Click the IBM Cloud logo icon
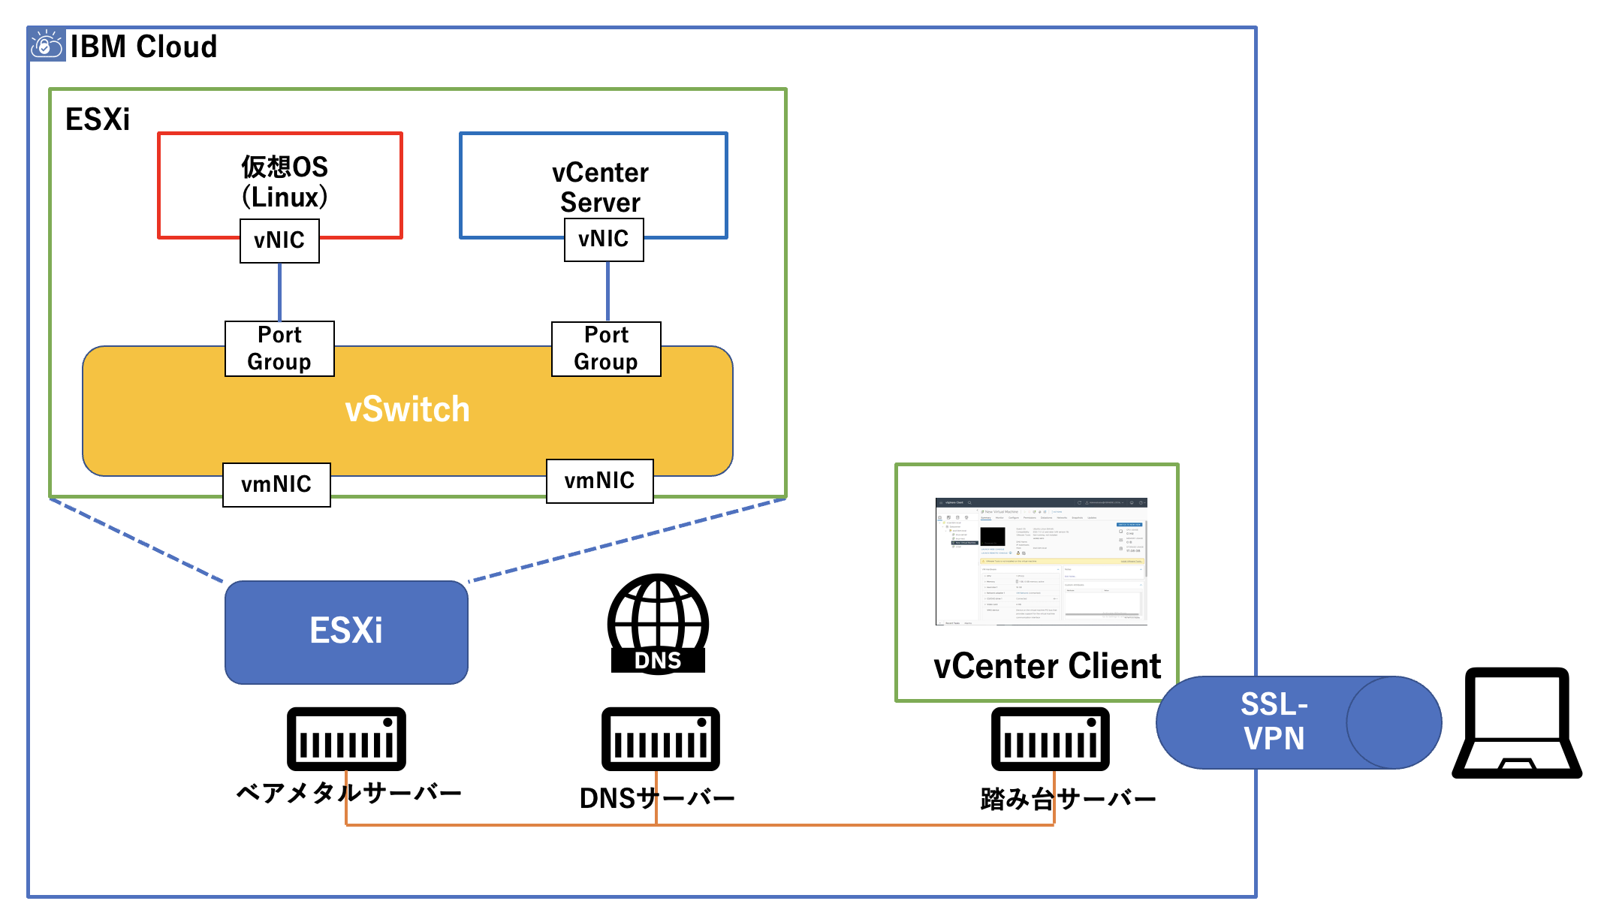(x=47, y=45)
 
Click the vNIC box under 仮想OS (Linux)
(x=279, y=241)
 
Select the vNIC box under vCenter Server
(x=604, y=240)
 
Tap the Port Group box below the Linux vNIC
(x=279, y=348)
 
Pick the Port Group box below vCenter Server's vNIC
(x=606, y=348)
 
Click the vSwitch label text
(x=407, y=410)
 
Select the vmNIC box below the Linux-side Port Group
(x=276, y=484)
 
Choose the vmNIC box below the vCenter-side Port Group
(x=599, y=481)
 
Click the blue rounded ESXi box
(x=346, y=631)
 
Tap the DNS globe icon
(x=658, y=623)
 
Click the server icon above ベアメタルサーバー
(x=346, y=739)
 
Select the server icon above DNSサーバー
(x=660, y=739)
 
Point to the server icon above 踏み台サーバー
(x=1050, y=739)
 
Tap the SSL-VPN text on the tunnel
(x=1274, y=722)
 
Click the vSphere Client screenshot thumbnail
(x=1041, y=561)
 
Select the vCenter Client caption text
(x=1047, y=667)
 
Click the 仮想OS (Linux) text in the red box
(x=285, y=182)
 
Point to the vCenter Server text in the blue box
(x=600, y=188)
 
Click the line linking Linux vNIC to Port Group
(x=280, y=292)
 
